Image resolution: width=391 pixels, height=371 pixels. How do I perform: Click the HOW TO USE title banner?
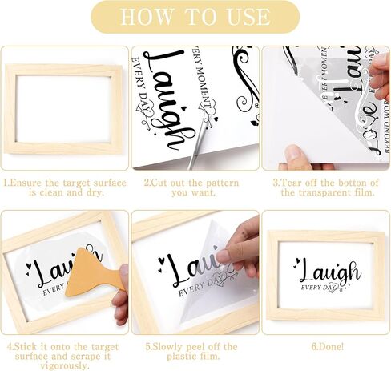pos(195,17)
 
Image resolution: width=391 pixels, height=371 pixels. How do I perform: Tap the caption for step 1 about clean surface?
pos(65,188)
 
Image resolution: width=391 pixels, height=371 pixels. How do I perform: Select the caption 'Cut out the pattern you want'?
pos(195,188)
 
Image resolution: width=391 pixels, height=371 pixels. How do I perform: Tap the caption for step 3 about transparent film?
pos(326,188)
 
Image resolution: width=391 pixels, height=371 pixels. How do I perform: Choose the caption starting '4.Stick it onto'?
pos(65,353)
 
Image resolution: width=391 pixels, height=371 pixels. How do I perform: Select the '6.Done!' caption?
pos(326,347)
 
